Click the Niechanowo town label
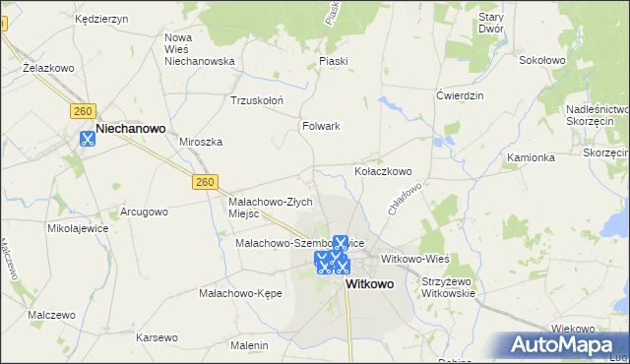[130, 128]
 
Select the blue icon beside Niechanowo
[87, 139]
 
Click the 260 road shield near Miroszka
[204, 182]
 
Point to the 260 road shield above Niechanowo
[82, 110]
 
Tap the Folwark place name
[321, 126]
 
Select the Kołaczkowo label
[382, 171]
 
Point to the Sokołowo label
[541, 60]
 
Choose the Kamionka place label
[532, 157]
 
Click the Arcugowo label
[144, 212]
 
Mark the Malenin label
[249, 345]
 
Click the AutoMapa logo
[565, 345]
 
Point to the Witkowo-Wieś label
[414, 258]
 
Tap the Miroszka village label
[201, 142]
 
